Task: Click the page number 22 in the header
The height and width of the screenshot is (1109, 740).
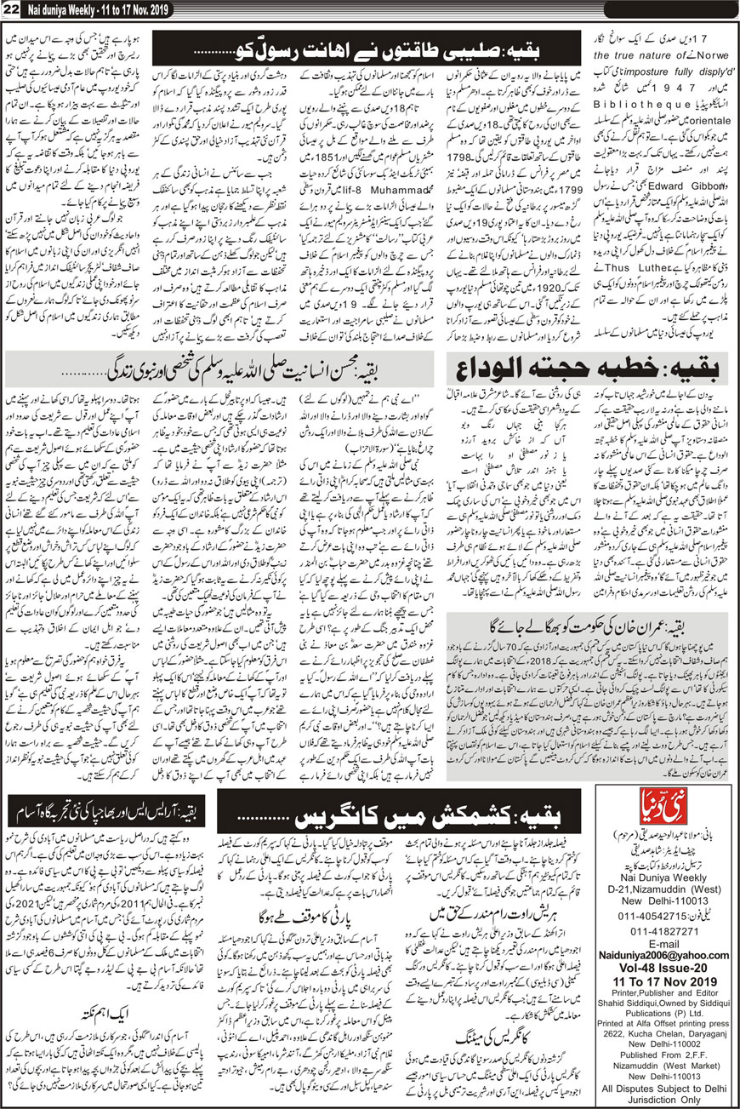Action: click(13, 9)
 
